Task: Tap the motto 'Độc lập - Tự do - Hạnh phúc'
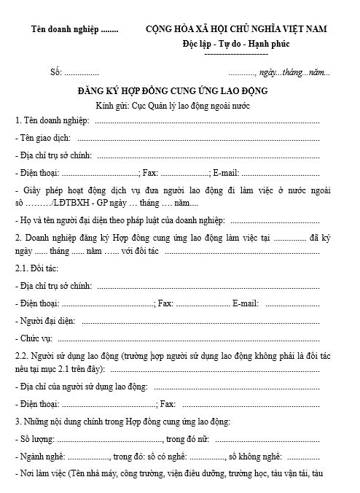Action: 236,44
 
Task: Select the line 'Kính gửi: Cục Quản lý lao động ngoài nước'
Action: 173,106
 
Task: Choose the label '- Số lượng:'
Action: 35,439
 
